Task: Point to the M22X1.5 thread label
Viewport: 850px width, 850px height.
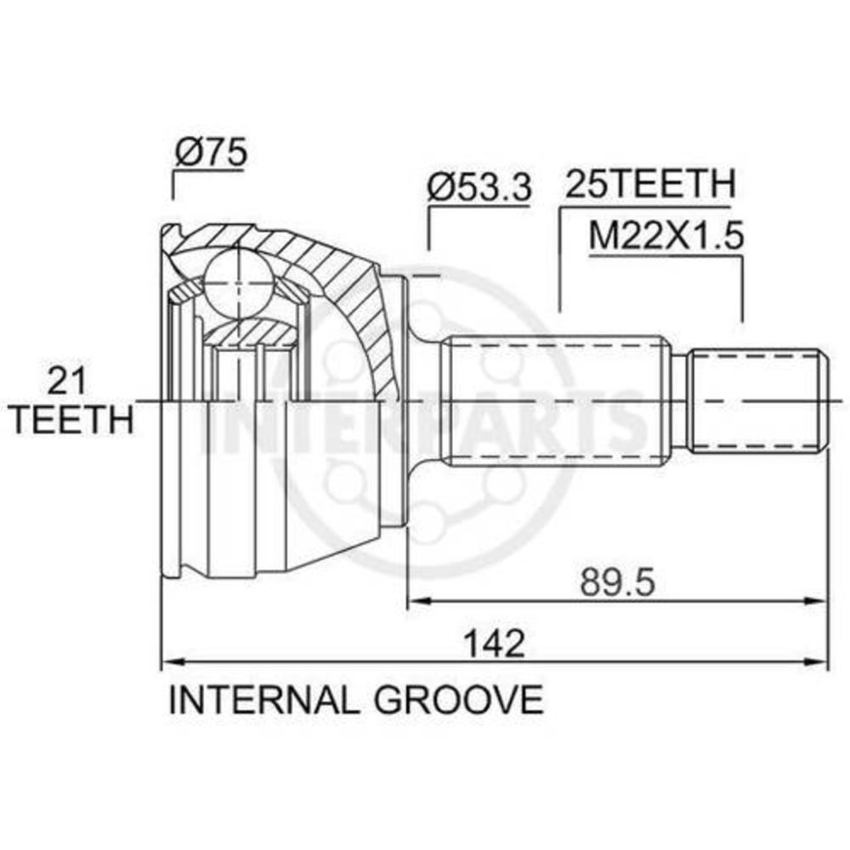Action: (666, 235)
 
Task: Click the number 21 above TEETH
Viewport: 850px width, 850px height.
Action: (68, 381)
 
